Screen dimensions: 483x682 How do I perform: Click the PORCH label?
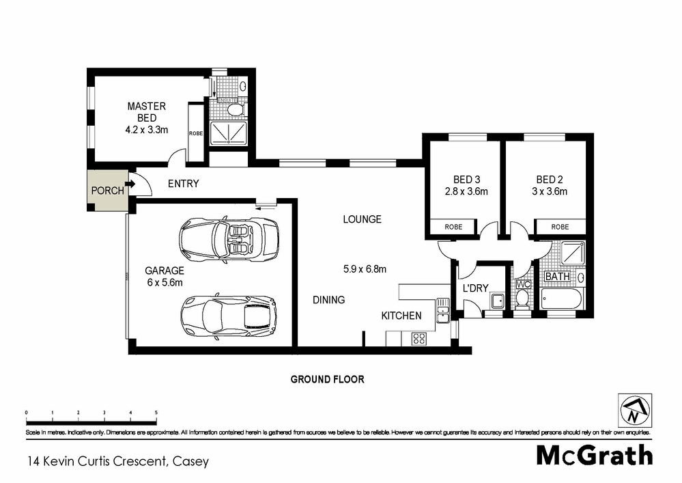click(108, 191)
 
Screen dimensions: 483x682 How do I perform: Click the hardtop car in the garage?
click(229, 317)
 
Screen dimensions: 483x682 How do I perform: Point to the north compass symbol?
click(634, 410)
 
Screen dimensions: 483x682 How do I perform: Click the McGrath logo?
click(594, 454)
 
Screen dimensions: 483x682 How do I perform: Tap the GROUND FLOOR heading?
click(328, 379)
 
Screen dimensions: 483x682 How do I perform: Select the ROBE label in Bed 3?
click(453, 227)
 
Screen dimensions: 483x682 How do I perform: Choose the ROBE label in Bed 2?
click(560, 227)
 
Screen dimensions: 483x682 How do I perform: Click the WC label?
click(524, 284)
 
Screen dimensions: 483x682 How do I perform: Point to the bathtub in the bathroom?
click(561, 299)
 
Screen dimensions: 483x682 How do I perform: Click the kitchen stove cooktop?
click(418, 337)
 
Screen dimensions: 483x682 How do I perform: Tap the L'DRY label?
click(475, 288)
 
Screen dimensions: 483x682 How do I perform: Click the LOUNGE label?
click(362, 219)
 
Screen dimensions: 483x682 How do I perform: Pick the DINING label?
click(328, 299)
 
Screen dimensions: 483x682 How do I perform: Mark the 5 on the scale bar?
click(156, 413)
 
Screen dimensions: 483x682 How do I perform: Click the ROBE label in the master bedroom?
click(195, 133)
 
